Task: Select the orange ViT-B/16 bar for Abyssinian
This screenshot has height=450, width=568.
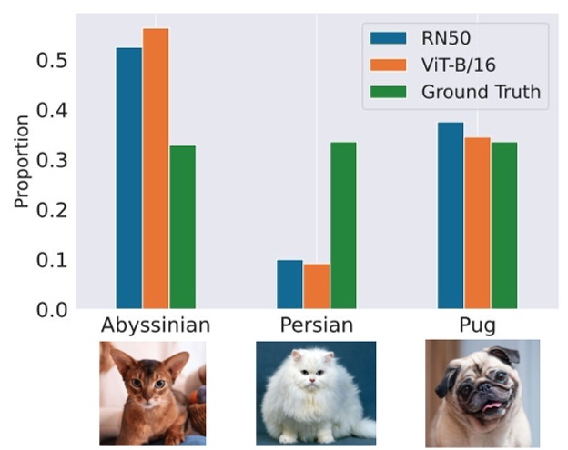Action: coord(156,169)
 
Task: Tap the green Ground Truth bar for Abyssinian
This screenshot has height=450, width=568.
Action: coord(182,227)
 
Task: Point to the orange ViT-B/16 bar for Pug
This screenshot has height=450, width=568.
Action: coord(477,223)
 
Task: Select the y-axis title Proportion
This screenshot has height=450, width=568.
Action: coord(21,173)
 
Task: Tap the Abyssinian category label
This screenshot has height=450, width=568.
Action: coord(155,325)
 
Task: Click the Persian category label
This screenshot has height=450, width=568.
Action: coord(316,325)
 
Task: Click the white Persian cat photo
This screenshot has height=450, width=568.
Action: coord(316,393)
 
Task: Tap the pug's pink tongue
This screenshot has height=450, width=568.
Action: coord(492,408)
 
